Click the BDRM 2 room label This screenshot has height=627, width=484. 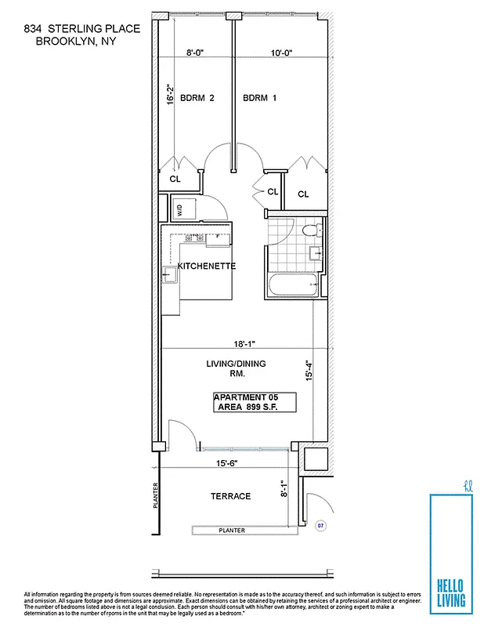pyautogui.click(x=197, y=98)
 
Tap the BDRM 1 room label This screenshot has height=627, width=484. pyautogui.click(x=259, y=98)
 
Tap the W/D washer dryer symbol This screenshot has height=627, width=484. pyautogui.click(x=179, y=209)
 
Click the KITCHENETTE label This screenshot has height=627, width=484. pyautogui.click(x=207, y=266)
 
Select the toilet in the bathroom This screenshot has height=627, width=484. pyautogui.click(x=311, y=231)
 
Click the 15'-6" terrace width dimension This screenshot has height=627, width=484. pyautogui.click(x=228, y=463)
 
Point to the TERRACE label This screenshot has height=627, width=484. pyautogui.click(x=230, y=496)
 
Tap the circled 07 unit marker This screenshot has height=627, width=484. pyautogui.click(x=319, y=525)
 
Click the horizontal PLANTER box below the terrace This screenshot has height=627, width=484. pyautogui.click(x=232, y=531)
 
